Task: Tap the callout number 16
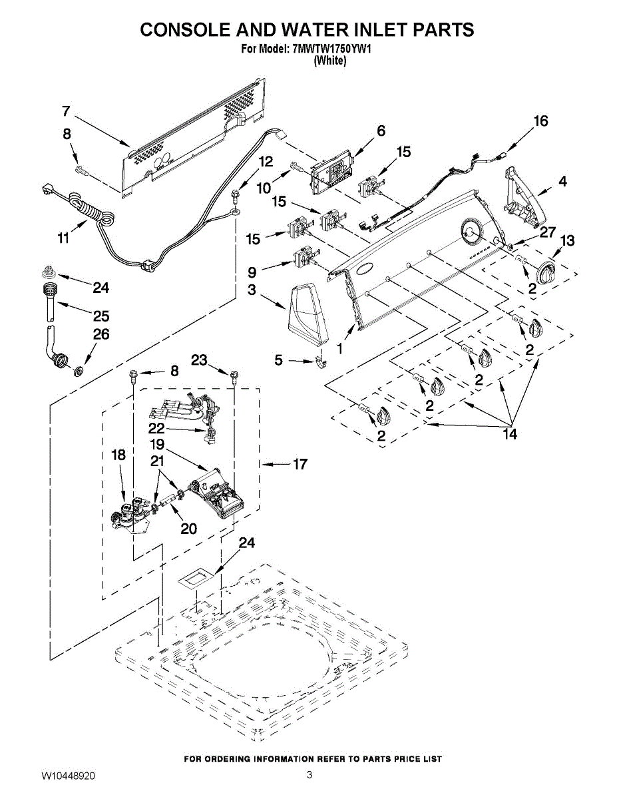pos(540,121)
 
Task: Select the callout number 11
pos(63,238)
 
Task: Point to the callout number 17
pos(300,463)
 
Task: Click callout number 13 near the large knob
pos(567,240)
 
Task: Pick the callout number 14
pos(510,434)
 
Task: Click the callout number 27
pos(547,232)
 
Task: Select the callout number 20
pos(188,528)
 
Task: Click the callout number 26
pos(101,334)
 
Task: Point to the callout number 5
pos(278,360)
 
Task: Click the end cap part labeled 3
pos(307,311)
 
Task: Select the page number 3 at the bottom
pos(309,774)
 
